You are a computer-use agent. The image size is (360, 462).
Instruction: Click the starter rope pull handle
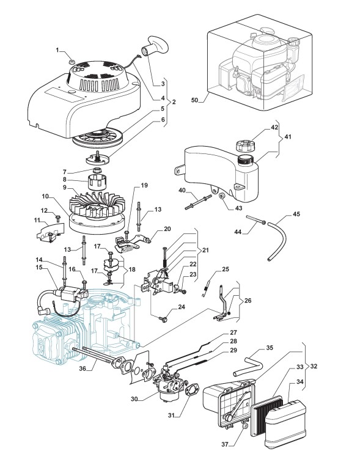[x=155, y=46]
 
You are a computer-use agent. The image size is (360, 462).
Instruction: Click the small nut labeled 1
[x=71, y=61]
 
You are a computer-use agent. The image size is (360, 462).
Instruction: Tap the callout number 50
[x=195, y=100]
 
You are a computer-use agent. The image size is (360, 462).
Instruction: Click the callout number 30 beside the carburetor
[x=134, y=399]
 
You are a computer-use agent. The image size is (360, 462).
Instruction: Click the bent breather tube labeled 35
[x=248, y=365]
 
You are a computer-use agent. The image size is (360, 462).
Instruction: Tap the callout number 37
[x=225, y=444]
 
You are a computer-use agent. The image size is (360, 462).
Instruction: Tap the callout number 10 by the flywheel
[x=45, y=196]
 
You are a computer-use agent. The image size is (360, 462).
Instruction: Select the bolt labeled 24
[x=163, y=319]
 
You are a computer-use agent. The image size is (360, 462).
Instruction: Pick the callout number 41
[x=287, y=137]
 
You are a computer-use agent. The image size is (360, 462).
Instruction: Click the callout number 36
[x=83, y=369]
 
